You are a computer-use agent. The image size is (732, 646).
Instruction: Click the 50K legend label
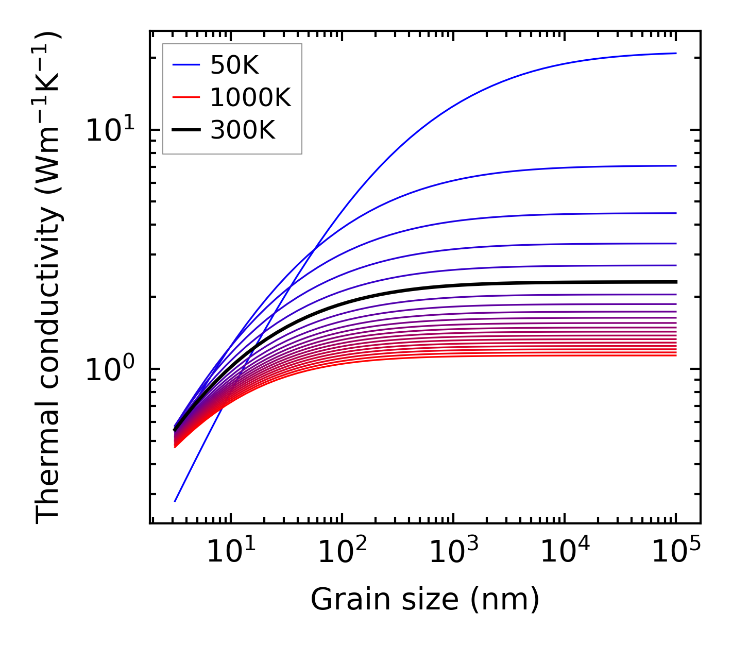point(234,65)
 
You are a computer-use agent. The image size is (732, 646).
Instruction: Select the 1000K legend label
point(250,97)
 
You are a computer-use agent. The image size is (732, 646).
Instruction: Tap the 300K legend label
point(243,130)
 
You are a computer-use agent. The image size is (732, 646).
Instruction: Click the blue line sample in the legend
point(185,65)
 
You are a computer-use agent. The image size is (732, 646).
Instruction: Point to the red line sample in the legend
point(185,97)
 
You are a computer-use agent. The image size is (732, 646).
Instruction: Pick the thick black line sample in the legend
point(185,130)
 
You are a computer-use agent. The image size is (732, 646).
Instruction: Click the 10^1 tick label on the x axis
point(230,553)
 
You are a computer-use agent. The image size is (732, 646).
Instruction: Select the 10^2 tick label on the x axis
point(342,553)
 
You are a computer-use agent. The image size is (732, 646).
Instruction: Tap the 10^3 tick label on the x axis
point(453,553)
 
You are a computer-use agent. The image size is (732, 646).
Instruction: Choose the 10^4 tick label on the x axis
point(565,553)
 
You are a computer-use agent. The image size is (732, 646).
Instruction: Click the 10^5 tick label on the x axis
point(676,553)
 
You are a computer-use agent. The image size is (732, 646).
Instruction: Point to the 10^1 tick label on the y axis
point(109,130)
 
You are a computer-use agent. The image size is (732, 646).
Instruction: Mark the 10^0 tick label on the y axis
point(109,369)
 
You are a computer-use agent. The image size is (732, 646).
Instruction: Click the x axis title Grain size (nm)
point(425,599)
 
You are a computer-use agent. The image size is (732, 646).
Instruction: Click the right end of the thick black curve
point(675,282)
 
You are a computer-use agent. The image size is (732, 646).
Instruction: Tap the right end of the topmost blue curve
point(675,53)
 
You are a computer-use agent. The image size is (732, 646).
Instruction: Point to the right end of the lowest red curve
point(675,355)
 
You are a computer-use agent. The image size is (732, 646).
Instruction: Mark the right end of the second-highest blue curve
point(675,166)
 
